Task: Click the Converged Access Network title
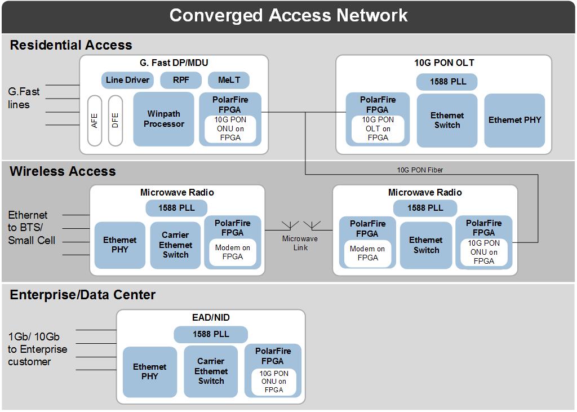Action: point(288,15)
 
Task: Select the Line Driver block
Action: point(127,80)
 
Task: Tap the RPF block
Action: point(181,80)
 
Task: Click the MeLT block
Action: point(229,80)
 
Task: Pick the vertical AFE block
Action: point(94,120)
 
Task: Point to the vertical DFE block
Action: point(116,120)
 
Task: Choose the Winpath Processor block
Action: point(163,119)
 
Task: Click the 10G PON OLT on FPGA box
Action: point(378,129)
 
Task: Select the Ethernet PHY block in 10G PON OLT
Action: point(514,120)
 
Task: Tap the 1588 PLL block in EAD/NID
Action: point(211,334)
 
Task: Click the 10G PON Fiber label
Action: point(420,170)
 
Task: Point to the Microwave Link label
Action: point(300,243)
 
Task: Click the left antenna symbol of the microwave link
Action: point(290,225)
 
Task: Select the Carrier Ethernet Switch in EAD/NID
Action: point(211,371)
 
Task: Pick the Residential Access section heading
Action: point(71,45)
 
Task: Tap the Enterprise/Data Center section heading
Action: point(83,295)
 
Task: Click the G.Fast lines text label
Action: point(24,98)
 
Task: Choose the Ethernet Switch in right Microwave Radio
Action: point(426,245)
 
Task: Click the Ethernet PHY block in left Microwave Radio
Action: point(119,245)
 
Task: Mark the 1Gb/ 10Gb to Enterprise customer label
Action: point(37,349)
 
